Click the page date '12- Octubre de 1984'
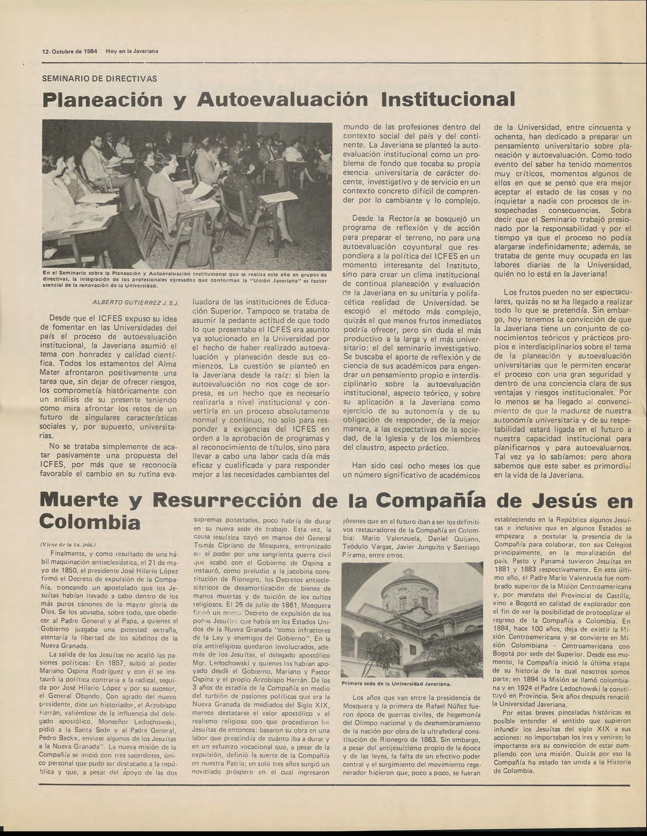pos(70,51)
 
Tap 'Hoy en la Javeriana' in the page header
pos(132,51)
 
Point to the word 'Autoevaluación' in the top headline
pos(282,100)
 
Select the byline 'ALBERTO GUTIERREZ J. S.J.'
pos(136,303)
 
